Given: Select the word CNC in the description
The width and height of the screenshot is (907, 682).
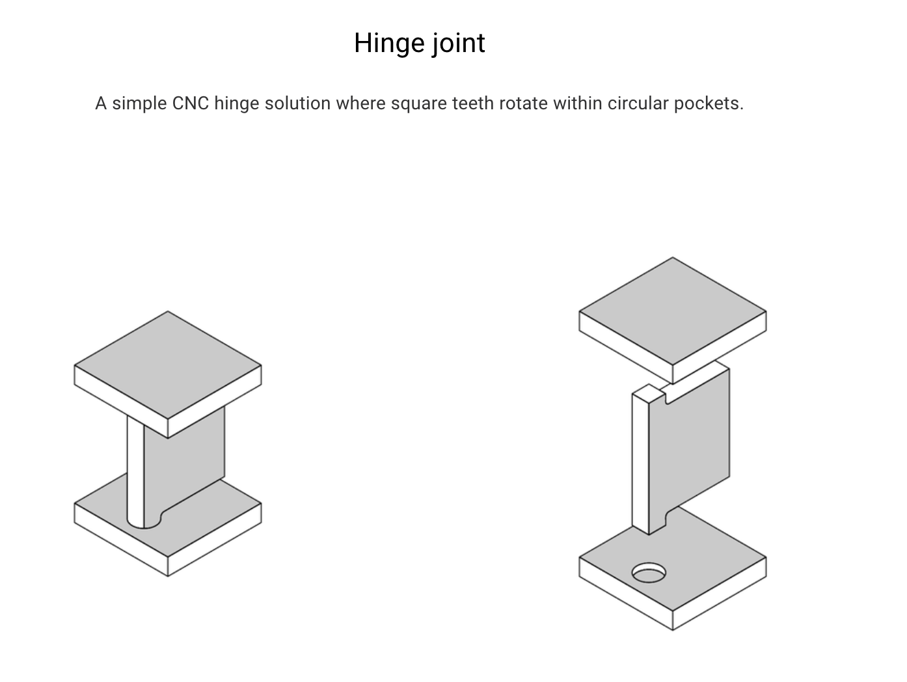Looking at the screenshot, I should [190, 103].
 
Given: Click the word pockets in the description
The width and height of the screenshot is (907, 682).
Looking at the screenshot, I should [709, 103].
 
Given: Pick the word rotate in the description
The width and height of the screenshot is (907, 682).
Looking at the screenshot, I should [523, 103].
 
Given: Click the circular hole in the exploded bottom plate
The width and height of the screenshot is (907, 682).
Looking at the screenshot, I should [649, 573].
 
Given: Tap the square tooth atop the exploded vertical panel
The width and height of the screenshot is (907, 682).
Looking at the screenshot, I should [648, 392].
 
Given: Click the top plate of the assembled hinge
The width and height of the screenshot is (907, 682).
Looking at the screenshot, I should [168, 366].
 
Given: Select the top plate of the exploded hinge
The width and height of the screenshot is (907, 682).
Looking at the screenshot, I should [673, 312].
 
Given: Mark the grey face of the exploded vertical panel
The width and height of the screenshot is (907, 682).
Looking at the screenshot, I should [696, 443].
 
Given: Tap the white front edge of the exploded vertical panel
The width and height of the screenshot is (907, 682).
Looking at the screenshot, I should [640, 462].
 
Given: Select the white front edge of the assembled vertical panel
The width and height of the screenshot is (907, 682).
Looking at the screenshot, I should [135, 469].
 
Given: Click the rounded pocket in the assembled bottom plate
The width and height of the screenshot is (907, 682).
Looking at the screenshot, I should [144, 521].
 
